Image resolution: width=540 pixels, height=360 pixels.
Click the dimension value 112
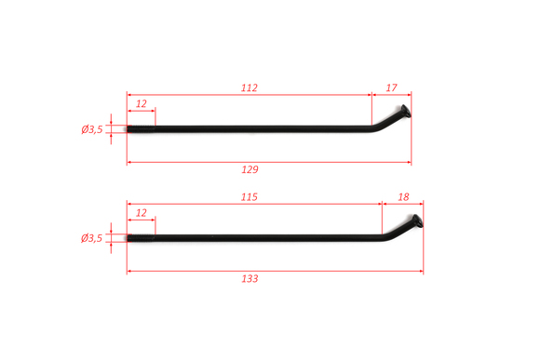[x=249, y=87]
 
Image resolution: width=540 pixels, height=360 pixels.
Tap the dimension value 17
[x=391, y=87]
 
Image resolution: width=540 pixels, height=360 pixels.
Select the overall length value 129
[x=250, y=169]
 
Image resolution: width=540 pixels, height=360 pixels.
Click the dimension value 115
[x=249, y=197]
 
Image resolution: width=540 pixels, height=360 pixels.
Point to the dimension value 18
[x=403, y=197]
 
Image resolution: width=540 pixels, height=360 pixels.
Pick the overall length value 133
[x=250, y=278]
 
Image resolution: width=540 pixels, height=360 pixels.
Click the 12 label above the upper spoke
[x=142, y=103]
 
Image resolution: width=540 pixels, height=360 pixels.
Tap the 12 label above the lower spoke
[x=142, y=213]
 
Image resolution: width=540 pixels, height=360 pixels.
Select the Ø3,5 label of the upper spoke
[x=92, y=129]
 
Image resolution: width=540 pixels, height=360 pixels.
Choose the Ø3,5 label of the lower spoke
[x=91, y=238]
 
